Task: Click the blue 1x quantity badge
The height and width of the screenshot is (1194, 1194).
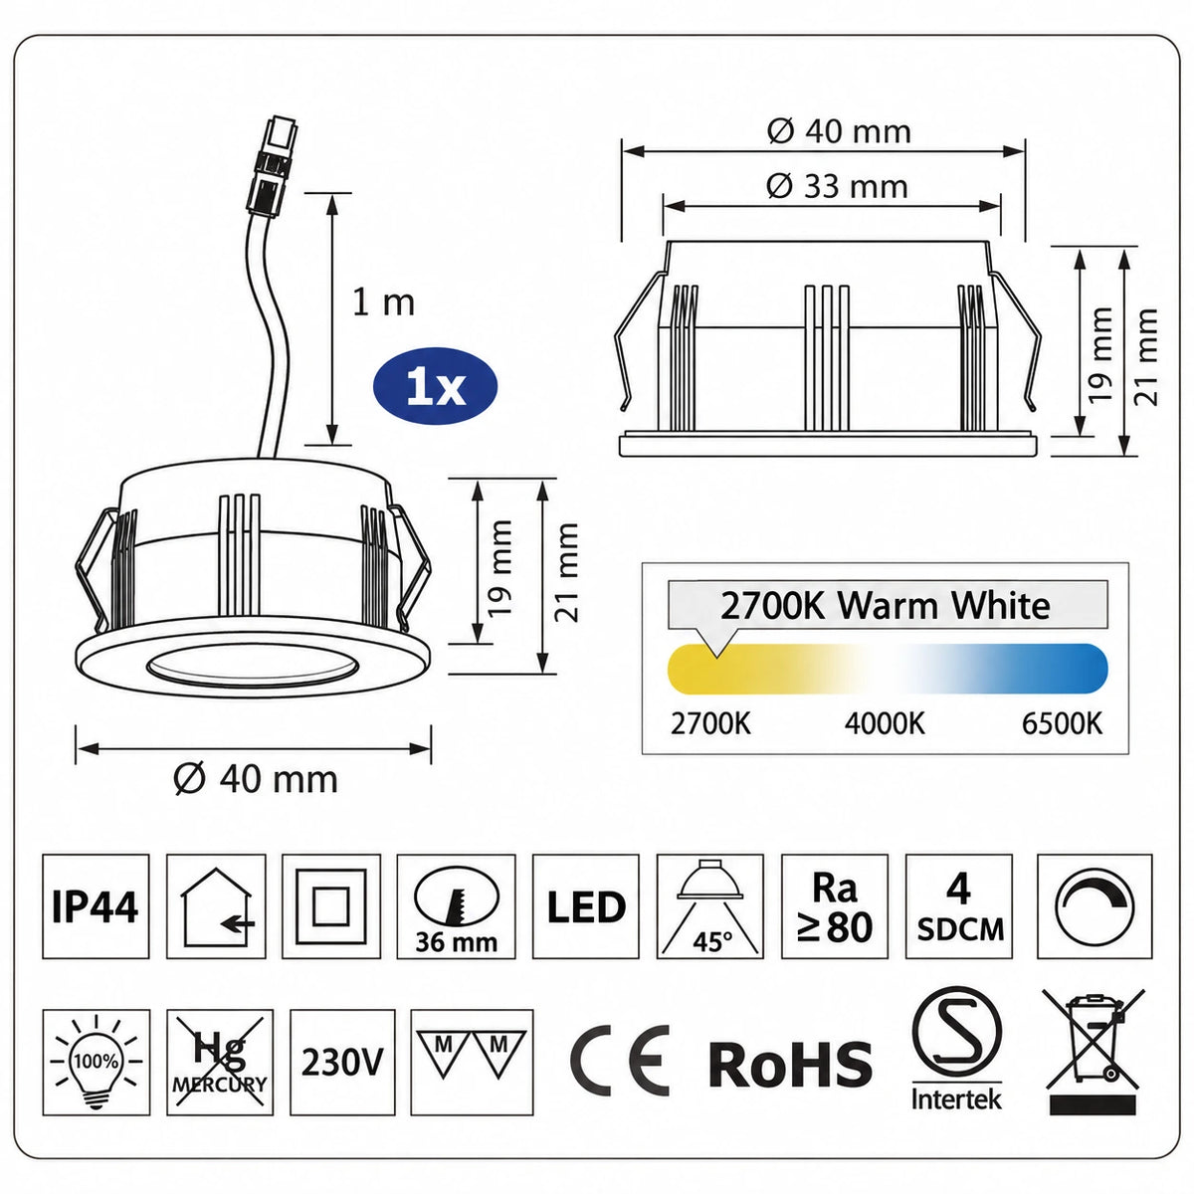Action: click(435, 387)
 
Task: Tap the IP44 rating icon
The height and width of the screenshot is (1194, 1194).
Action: click(96, 905)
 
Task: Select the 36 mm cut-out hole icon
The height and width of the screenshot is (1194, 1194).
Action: click(456, 905)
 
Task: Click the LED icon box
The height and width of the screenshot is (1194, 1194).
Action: click(585, 905)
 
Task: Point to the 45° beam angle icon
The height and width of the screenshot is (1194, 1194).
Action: click(710, 905)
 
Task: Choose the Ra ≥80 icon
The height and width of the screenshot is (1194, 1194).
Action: click(835, 905)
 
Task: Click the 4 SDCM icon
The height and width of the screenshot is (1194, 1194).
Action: click(959, 905)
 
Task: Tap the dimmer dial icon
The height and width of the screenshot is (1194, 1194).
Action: click(1094, 905)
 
